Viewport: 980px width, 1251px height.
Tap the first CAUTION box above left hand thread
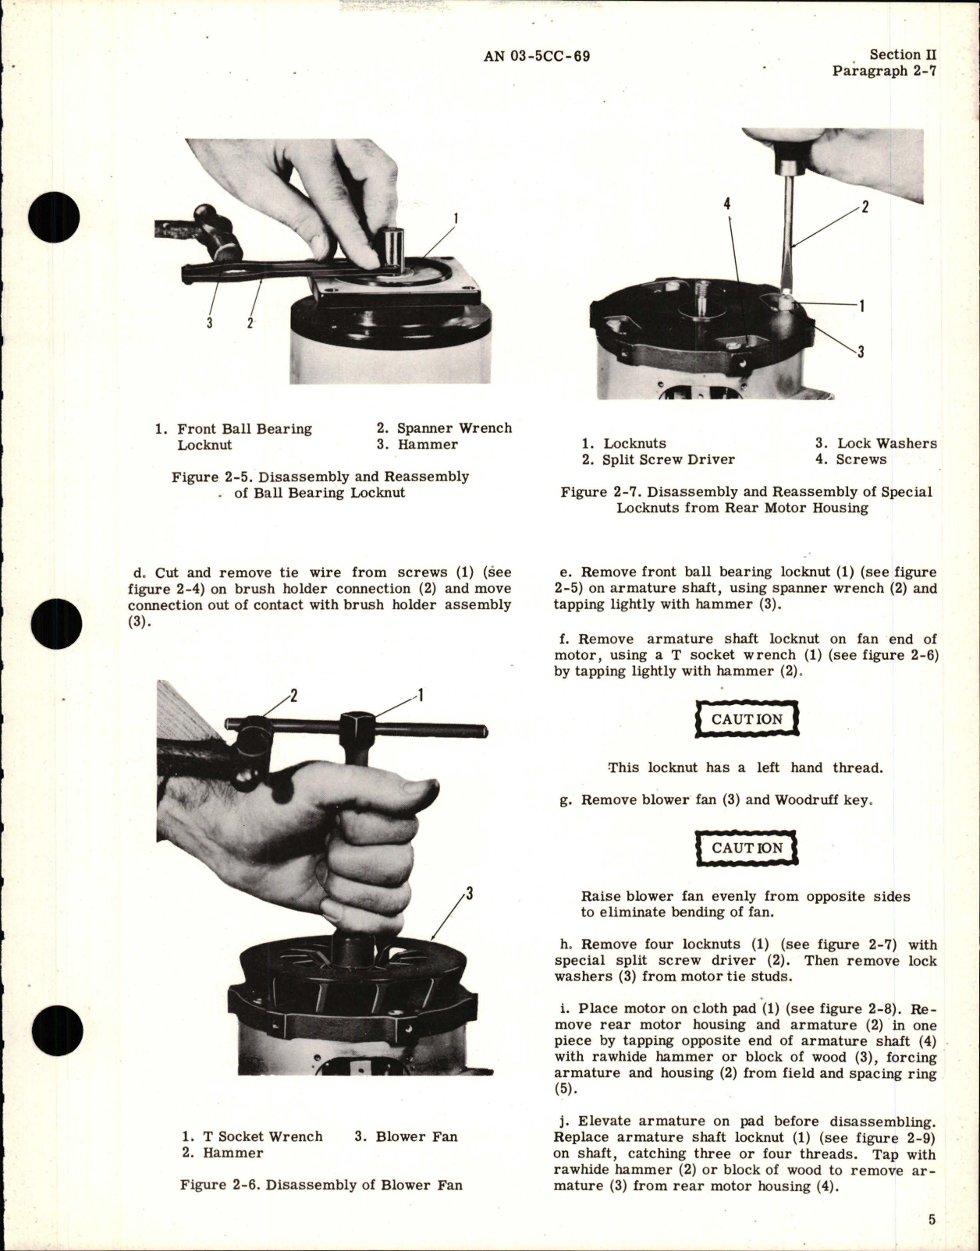(x=747, y=719)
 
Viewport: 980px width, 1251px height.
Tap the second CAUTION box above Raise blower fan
(x=747, y=848)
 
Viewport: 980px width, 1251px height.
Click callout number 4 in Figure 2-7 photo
(x=727, y=205)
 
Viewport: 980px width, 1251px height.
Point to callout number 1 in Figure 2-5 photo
(x=456, y=218)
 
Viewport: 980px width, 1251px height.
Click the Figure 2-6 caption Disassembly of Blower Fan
(x=321, y=1185)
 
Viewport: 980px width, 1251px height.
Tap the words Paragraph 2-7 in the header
(x=883, y=71)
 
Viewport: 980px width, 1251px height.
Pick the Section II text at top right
(x=903, y=55)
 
